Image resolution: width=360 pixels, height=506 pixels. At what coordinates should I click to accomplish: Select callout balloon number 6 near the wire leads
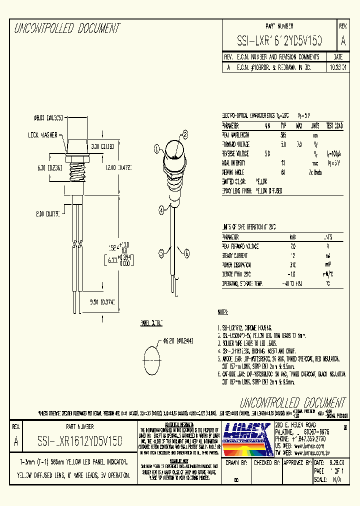(x=186, y=253)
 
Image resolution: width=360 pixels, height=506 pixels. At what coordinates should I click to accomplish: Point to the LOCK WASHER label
(x=42, y=134)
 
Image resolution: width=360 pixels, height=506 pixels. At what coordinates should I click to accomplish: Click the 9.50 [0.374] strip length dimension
(x=102, y=302)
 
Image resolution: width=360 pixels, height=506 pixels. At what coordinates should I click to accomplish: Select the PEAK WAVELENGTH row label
(x=235, y=135)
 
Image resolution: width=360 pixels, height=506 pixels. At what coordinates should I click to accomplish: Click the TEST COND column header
(x=334, y=125)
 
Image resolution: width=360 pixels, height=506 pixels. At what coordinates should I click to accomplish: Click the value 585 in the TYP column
(x=283, y=135)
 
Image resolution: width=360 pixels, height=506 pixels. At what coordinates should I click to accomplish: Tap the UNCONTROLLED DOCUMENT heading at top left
(x=66, y=28)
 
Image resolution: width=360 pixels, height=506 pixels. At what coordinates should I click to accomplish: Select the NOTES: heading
(x=223, y=312)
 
